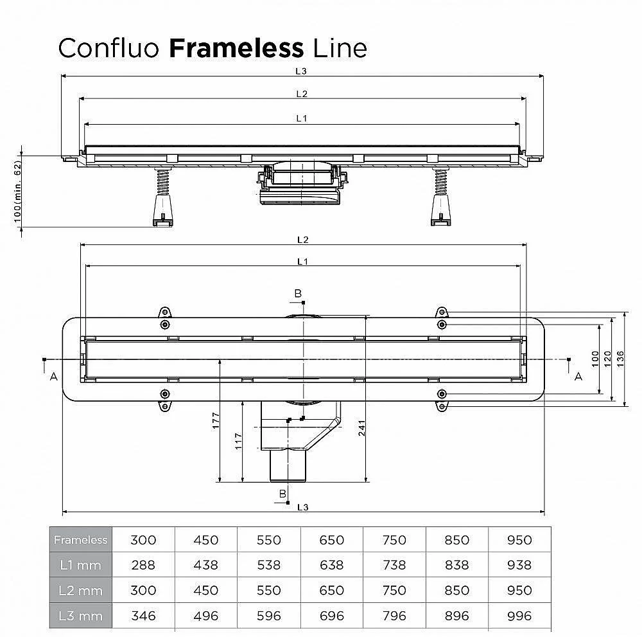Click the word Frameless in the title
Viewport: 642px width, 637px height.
236,48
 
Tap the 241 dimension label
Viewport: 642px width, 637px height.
361,427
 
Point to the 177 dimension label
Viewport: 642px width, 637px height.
216,420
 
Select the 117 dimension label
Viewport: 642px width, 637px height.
238,442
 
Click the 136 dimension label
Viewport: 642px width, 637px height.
620,359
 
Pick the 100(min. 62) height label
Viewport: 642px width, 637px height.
17,192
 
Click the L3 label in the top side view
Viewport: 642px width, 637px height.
301,71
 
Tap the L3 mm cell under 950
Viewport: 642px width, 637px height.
519,616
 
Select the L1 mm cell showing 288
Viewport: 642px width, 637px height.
143,565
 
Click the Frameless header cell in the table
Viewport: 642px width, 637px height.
81,539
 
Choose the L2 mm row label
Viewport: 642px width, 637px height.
81,590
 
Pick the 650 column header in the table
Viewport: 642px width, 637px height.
332,540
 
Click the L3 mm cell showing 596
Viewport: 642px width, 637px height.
268,616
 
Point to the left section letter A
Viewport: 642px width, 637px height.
54,376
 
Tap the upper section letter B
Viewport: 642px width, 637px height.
298,294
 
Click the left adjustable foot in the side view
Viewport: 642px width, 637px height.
163,210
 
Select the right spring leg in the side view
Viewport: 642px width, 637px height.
440,182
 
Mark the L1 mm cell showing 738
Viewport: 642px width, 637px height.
394,565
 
